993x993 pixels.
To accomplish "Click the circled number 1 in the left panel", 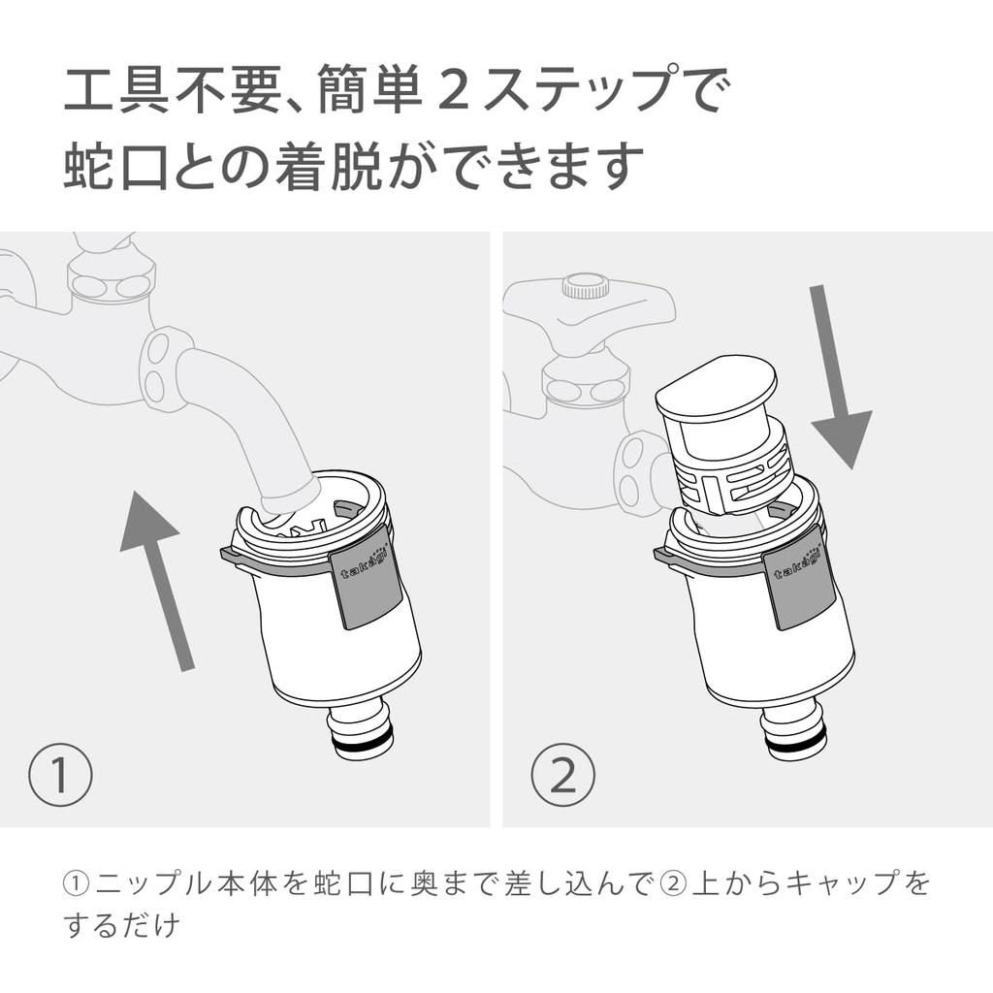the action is [60, 774].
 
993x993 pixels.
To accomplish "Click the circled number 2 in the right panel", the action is [563, 774].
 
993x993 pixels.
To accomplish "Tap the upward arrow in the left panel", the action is [156, 580].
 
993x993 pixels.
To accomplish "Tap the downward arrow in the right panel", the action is [836, 377].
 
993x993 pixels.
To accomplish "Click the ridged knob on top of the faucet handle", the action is [586, 286].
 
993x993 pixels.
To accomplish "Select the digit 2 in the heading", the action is [453, 90].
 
